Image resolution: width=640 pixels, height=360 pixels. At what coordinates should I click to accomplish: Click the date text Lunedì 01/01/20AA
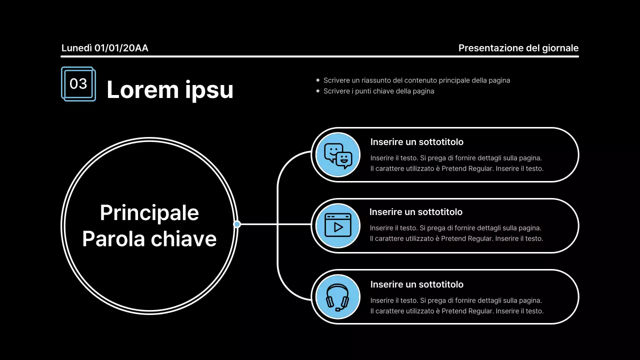tap(105, 48)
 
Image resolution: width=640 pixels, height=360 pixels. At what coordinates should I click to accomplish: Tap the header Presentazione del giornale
tap(518, 48)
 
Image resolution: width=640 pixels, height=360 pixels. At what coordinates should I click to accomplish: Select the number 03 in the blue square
tap(78, 83)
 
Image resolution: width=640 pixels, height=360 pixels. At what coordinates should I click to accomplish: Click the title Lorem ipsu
tap(170, 89)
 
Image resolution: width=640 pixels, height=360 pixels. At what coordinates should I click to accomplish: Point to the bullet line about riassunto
tap(416, 80)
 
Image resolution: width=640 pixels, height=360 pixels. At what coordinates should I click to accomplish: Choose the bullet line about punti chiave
tap(378, 91)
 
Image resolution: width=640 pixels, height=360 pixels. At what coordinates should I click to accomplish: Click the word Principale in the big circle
tap(149, 213)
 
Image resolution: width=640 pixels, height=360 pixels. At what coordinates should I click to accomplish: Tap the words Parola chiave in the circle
tap(149, 239)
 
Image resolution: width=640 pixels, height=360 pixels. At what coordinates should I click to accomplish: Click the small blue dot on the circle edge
tap(237, 224)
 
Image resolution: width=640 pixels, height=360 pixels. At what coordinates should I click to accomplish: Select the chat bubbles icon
tap(338, 155)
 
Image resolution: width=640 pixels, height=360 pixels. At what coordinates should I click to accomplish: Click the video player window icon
tap(338, 225)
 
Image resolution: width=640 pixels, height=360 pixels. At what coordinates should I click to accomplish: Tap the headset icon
tap(337, 297)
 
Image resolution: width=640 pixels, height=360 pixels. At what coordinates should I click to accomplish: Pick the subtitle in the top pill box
tap(417, 142)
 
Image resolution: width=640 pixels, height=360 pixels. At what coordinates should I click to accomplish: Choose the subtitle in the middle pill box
tap(415, 212)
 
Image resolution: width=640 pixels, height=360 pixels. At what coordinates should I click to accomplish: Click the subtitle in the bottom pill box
tap(417, 284)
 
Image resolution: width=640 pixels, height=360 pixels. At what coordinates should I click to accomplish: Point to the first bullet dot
tap(317, 80)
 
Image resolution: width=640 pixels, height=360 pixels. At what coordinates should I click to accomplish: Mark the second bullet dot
tap(317, 91)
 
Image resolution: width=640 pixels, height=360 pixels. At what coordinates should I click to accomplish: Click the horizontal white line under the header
tap(319, 56)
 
